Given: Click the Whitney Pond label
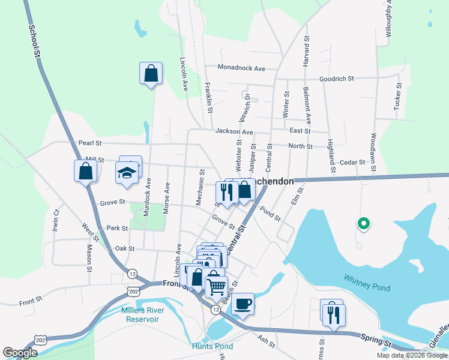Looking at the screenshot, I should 367,283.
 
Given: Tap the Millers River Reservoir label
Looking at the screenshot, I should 140,314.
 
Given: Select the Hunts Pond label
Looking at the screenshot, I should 212,346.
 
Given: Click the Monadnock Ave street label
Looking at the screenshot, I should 241,68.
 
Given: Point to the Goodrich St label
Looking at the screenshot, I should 337,79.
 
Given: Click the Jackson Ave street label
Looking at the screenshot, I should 234,132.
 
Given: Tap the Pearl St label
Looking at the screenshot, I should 90,143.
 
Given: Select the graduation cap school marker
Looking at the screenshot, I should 127,172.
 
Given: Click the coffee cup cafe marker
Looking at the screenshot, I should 243,304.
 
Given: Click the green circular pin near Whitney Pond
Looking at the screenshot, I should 363,224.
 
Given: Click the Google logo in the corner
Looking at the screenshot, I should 20,353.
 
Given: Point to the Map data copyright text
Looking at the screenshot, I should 412,355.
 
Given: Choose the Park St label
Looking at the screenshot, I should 117,229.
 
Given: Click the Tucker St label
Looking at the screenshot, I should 397,97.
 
